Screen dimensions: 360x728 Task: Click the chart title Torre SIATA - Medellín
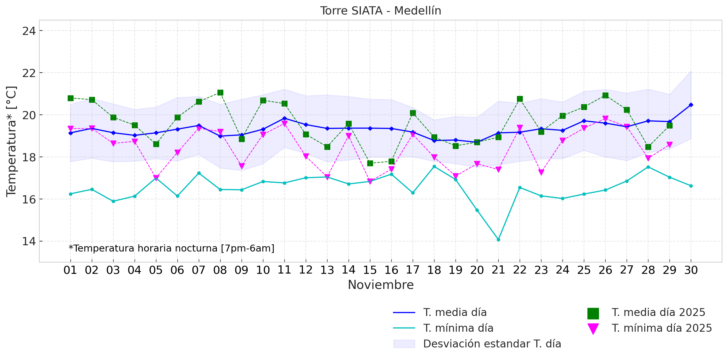[380, 11]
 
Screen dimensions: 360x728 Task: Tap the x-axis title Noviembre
[380, 285]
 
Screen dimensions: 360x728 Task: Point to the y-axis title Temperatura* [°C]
[11, 141]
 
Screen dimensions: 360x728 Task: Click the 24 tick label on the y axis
[29, 31]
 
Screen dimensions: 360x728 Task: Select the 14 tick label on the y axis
[29, 241]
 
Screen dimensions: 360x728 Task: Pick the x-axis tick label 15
[370, 270]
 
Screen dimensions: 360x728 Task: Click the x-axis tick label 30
[691, 270]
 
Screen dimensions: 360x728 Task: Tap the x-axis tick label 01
[70, 270]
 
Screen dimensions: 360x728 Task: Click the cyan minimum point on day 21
[498, 240]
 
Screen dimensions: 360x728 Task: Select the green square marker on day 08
[220, 92]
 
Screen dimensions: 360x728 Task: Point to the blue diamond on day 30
[691, 105]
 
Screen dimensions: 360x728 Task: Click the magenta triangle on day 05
[156, 178]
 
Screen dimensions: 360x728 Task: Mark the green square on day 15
[370, 163]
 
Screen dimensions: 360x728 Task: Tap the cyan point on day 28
[648, 167]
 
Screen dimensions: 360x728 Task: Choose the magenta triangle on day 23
[541, 172]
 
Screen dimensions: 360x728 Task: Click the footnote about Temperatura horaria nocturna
[171, 248]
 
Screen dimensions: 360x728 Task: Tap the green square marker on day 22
[520, 99]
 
